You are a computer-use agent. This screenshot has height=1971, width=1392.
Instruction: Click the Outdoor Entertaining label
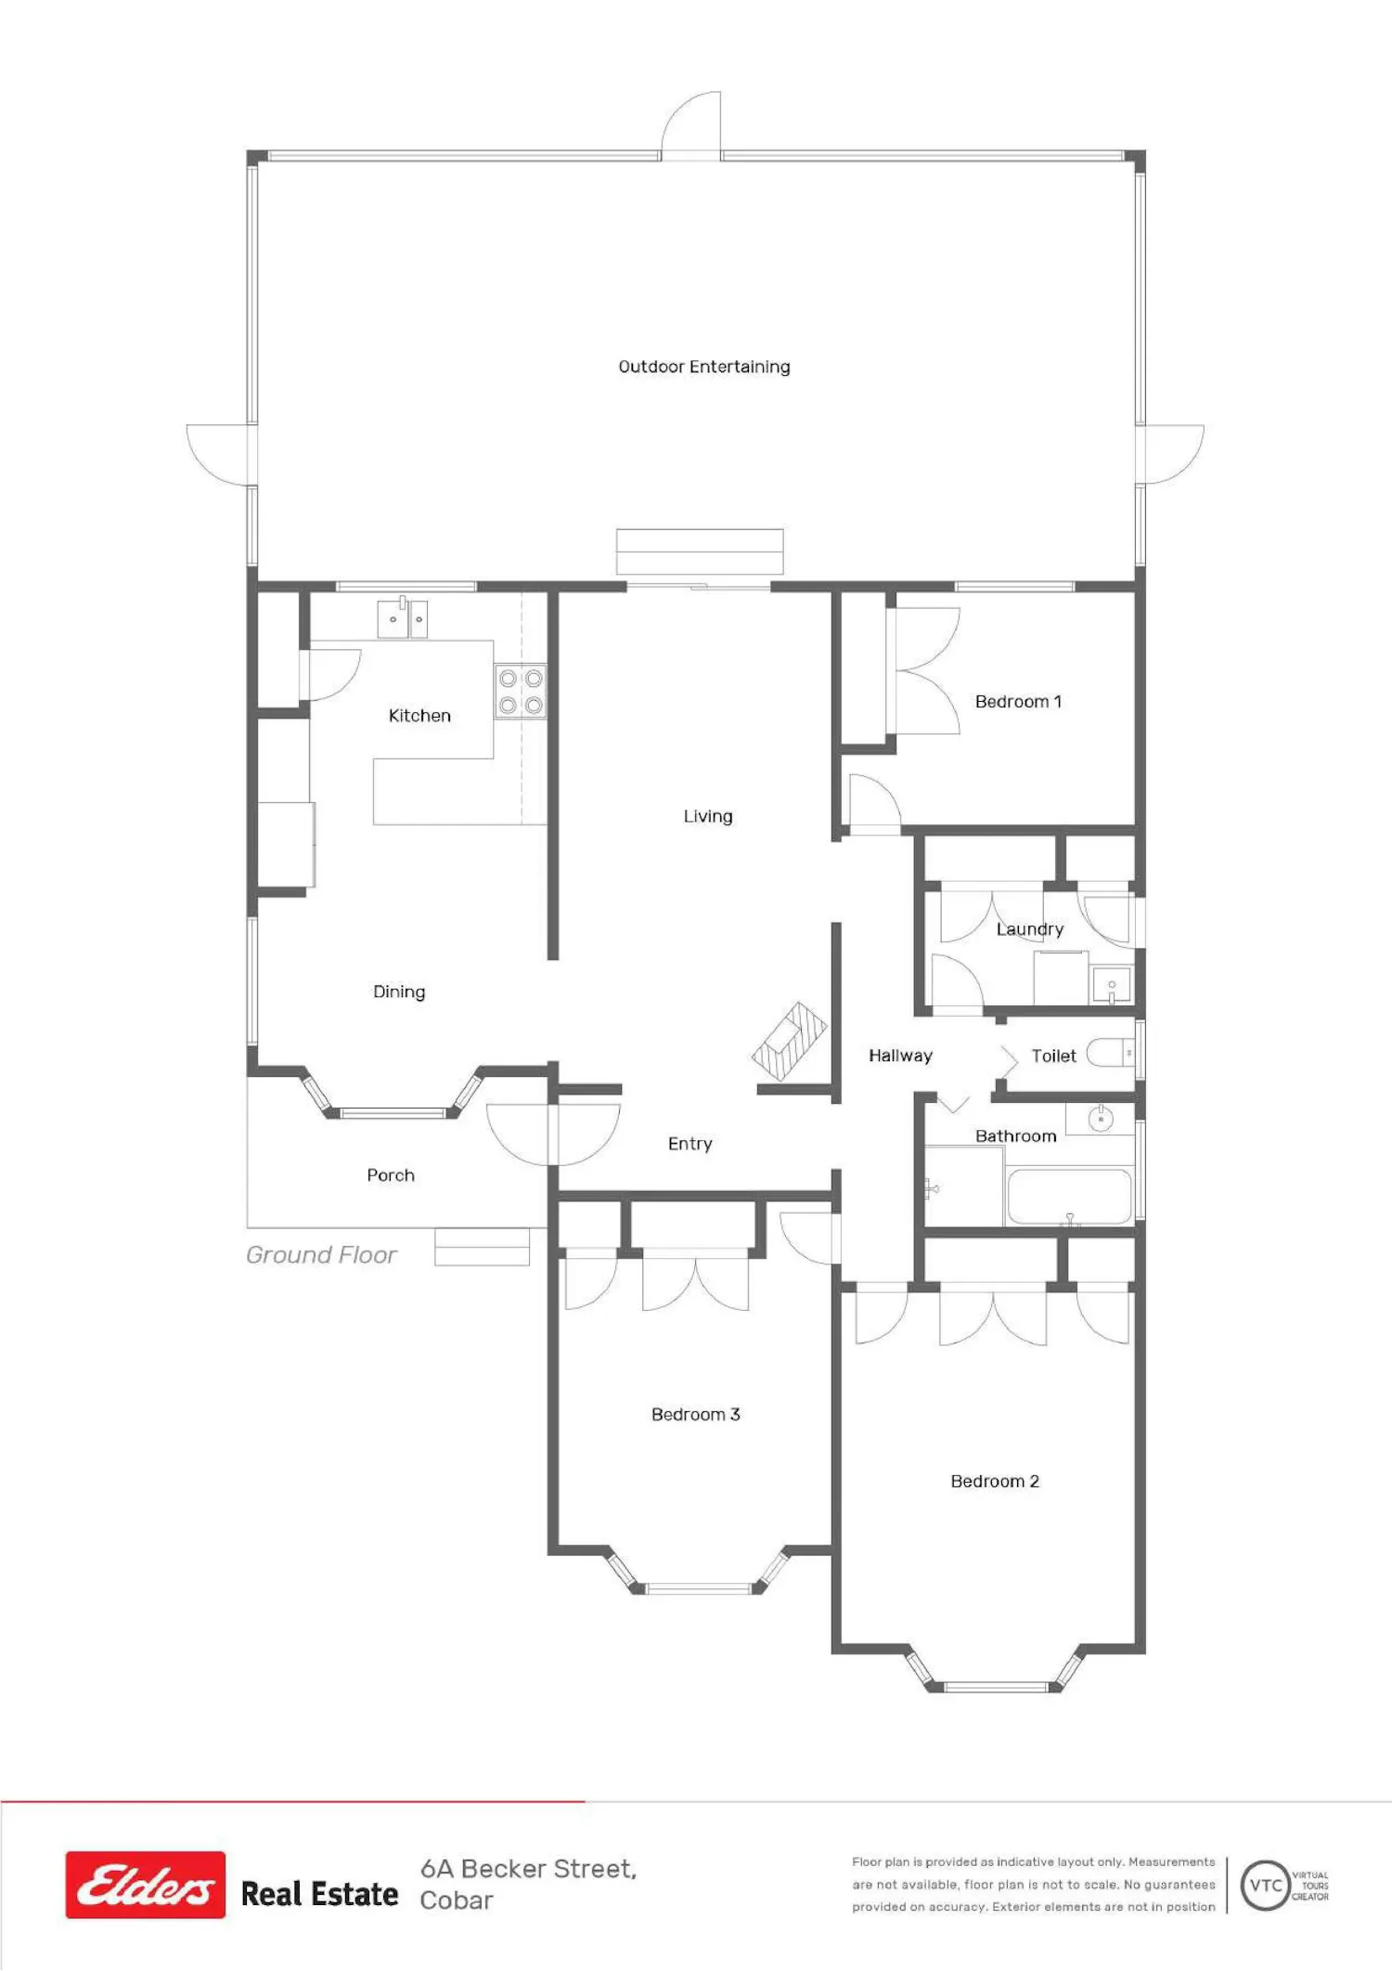[704, 367]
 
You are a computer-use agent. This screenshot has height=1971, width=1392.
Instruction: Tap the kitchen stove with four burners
[521, 692]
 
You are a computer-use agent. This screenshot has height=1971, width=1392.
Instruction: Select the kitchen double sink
[403, 618]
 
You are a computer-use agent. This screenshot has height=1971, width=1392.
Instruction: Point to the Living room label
[708, 816]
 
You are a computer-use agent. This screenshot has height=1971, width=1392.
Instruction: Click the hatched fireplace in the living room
[790, 1042]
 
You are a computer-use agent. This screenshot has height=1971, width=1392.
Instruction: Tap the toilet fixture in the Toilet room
[1111, 1053]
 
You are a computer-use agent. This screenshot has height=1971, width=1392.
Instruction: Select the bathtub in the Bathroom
[1069, 1197]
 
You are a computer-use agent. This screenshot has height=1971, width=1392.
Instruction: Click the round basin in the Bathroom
[1101, 1119]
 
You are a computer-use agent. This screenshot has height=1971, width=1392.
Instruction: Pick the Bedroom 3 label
[696, 1414]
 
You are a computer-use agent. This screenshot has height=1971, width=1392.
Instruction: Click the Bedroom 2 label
[995, 1481]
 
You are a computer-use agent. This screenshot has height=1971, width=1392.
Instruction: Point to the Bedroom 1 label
[1018, 701]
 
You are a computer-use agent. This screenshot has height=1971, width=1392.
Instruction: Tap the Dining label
[399, 992]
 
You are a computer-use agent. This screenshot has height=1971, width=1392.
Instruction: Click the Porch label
[391, 1175]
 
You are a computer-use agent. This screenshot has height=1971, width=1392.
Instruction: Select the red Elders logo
[146, 1885]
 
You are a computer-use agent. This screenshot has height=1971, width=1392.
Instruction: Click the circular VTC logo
[1266, 1886]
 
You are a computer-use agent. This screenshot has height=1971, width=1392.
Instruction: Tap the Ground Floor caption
[321, 1255]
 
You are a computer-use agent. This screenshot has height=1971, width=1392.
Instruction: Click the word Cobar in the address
[457, 1900]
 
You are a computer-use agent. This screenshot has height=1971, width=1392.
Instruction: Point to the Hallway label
[900, 1056]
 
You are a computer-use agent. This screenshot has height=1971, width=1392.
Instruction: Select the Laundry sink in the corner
[1112, 985]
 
